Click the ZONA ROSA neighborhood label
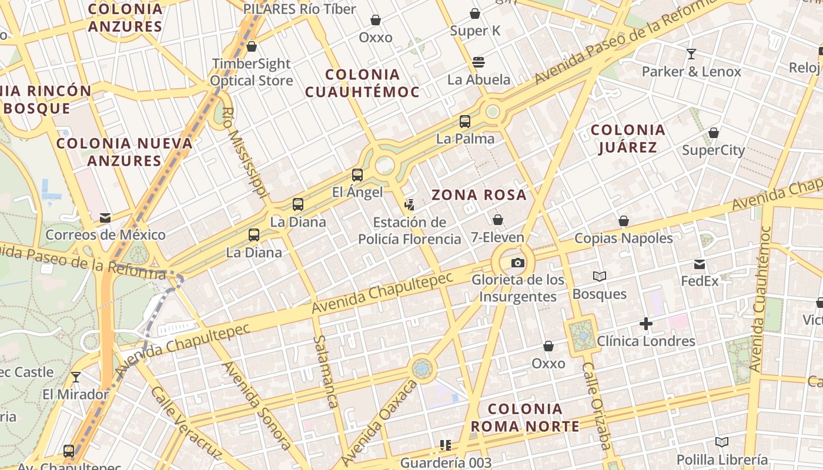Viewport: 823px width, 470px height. click(479, 195)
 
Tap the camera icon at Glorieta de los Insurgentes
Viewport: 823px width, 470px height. click(517, 263)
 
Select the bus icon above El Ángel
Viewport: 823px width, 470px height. click(357, 174)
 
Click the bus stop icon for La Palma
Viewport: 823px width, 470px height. click(465, 122)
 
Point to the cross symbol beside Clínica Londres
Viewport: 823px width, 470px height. click(646, 324)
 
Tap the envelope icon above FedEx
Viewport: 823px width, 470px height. click(700, 264)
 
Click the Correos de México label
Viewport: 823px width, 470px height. click(105, 235)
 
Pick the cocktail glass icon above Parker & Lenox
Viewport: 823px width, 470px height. click(691, 54)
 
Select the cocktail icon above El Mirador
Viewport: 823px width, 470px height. click(75, 377)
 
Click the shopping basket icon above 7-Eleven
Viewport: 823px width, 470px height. click(498, 220)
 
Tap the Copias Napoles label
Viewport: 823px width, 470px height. click(624, 238)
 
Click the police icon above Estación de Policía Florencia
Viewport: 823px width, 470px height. click(409, 205)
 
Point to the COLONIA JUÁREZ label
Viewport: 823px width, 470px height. click(628, 139)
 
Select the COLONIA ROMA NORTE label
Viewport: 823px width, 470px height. click(526, 418)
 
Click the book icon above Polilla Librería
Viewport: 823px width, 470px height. click(722, 442)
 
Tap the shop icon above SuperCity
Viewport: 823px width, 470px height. click(714, 133)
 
